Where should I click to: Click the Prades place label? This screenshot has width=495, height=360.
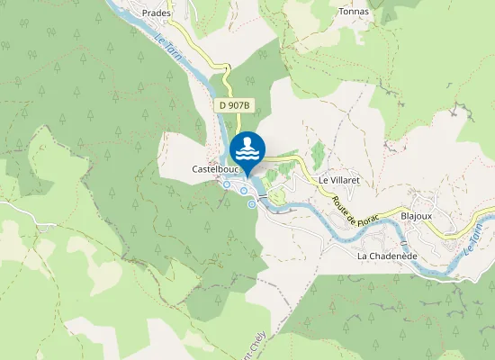157,13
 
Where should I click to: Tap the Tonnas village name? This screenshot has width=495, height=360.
353,12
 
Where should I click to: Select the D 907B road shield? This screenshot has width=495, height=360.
232,105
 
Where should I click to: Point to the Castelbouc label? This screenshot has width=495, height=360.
213,169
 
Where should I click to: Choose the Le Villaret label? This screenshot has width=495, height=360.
339,180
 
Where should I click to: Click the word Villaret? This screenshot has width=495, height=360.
345,180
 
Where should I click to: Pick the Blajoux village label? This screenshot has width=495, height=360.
417,216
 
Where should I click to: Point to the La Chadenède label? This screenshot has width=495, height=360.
385,256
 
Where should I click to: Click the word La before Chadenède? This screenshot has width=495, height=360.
363,256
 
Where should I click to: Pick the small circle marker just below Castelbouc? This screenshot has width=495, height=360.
227,184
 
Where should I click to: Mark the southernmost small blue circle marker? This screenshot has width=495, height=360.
252,204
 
